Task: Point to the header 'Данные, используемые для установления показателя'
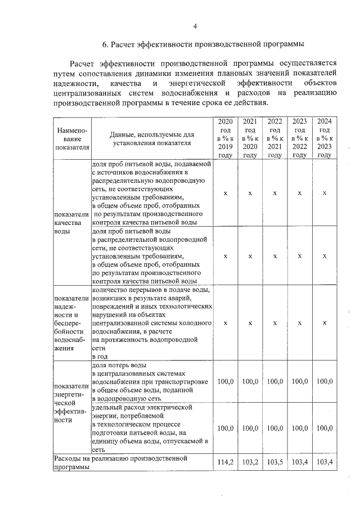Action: [x=152, y=138]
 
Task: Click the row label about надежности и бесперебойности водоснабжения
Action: [x=70, y=323]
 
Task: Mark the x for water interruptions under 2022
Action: [x=274, y=323]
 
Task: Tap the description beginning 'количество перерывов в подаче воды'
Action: [x=151, y=323]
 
